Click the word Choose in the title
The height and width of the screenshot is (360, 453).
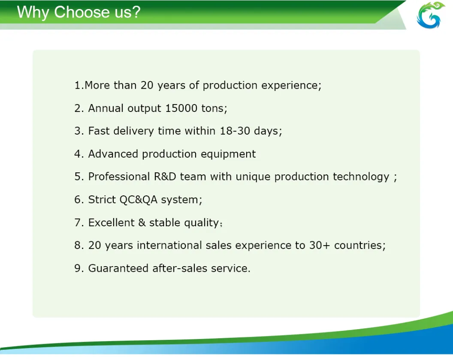(82, 12)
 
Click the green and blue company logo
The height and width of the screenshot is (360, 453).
(430, 15)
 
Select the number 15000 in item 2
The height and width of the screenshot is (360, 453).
(181, 108)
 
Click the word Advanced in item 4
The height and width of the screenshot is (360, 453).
(113, 154)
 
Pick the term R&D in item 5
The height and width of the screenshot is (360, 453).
(165, 177)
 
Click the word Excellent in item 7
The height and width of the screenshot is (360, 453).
(111, 222)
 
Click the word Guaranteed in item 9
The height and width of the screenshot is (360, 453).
(118, 268)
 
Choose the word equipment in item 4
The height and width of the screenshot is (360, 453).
(228, 154)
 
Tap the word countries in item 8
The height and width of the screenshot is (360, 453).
(358, 245)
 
